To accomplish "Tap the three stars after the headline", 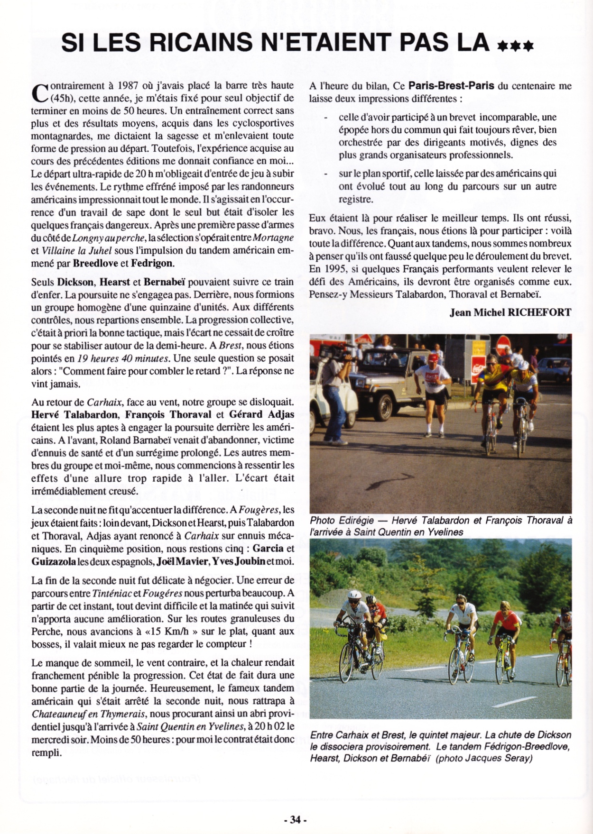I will click(515, 46).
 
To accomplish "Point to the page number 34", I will click(296, 819).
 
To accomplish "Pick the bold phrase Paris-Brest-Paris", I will click(451, 86).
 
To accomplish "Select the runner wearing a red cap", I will click(433, 384).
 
